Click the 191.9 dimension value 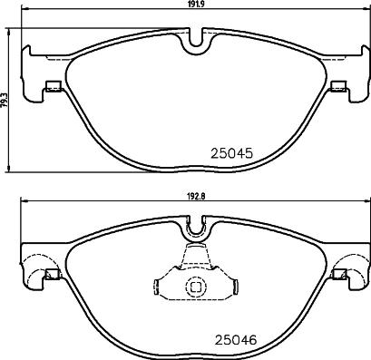click(195, 5)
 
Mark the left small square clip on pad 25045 click(53, 87)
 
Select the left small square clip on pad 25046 click(53, 276)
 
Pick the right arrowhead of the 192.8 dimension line click(367, 203)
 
